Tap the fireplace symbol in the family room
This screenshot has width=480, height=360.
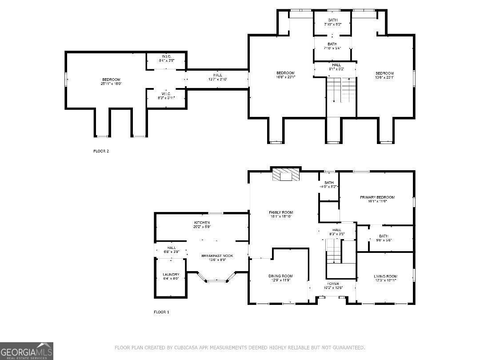coord(286,175)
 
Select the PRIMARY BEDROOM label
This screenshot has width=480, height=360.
coord(377,197)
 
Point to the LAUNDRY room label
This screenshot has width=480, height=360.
coord(171,274)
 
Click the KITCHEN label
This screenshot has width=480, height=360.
coord(202,222)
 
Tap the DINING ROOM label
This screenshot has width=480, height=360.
coord(280,276)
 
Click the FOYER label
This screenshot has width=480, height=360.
coord(333,284)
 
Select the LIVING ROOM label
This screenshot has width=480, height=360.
coord(385,276)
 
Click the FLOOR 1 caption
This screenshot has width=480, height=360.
coord(162,312)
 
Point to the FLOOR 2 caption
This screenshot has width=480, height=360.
coord(101,151)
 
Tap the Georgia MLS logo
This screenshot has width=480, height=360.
coord(27,351)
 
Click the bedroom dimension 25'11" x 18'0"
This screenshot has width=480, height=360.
coord(111,84)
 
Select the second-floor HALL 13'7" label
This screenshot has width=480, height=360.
coord(217,75)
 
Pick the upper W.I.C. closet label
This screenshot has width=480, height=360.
coord(166,56)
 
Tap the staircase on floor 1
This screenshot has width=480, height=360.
coord(333,251)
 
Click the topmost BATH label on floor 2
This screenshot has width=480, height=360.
coord(333,20)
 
